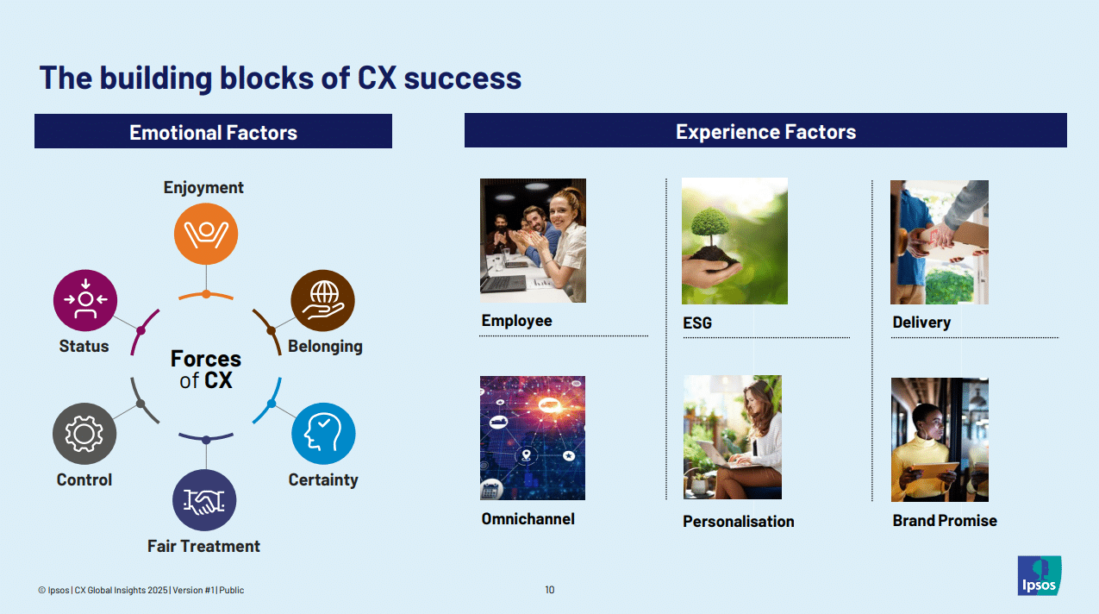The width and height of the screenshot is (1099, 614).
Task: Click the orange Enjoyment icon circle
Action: pos(205,233)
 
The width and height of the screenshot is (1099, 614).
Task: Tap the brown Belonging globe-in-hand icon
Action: pos(322,301)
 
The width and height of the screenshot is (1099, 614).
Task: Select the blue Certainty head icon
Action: pos(323,434)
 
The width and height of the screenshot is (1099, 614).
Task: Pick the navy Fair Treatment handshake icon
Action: pos(204,500)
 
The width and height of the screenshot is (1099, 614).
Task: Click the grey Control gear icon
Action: pos(84,434)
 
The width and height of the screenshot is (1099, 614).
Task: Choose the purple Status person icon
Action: pos(84,300)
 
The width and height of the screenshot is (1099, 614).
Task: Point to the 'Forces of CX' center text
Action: pos(205,369)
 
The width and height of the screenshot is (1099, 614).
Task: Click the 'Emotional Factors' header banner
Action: pos(213,132)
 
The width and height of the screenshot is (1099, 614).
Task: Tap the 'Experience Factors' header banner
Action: pos(765,131)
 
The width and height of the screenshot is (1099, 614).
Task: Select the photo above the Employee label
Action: pos(533,241)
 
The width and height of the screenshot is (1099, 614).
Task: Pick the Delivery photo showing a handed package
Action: pos(939,241)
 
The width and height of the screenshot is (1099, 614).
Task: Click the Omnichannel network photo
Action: pos(532,437)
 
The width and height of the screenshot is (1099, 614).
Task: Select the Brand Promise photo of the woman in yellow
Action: pos(940,439)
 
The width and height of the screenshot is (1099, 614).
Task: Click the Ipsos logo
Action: pos(1039,575)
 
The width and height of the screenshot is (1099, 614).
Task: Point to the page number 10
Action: pos(550,590)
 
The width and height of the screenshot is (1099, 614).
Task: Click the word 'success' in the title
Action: pos(463,78)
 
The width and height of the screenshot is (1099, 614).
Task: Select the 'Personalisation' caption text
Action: pos(738,522)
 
